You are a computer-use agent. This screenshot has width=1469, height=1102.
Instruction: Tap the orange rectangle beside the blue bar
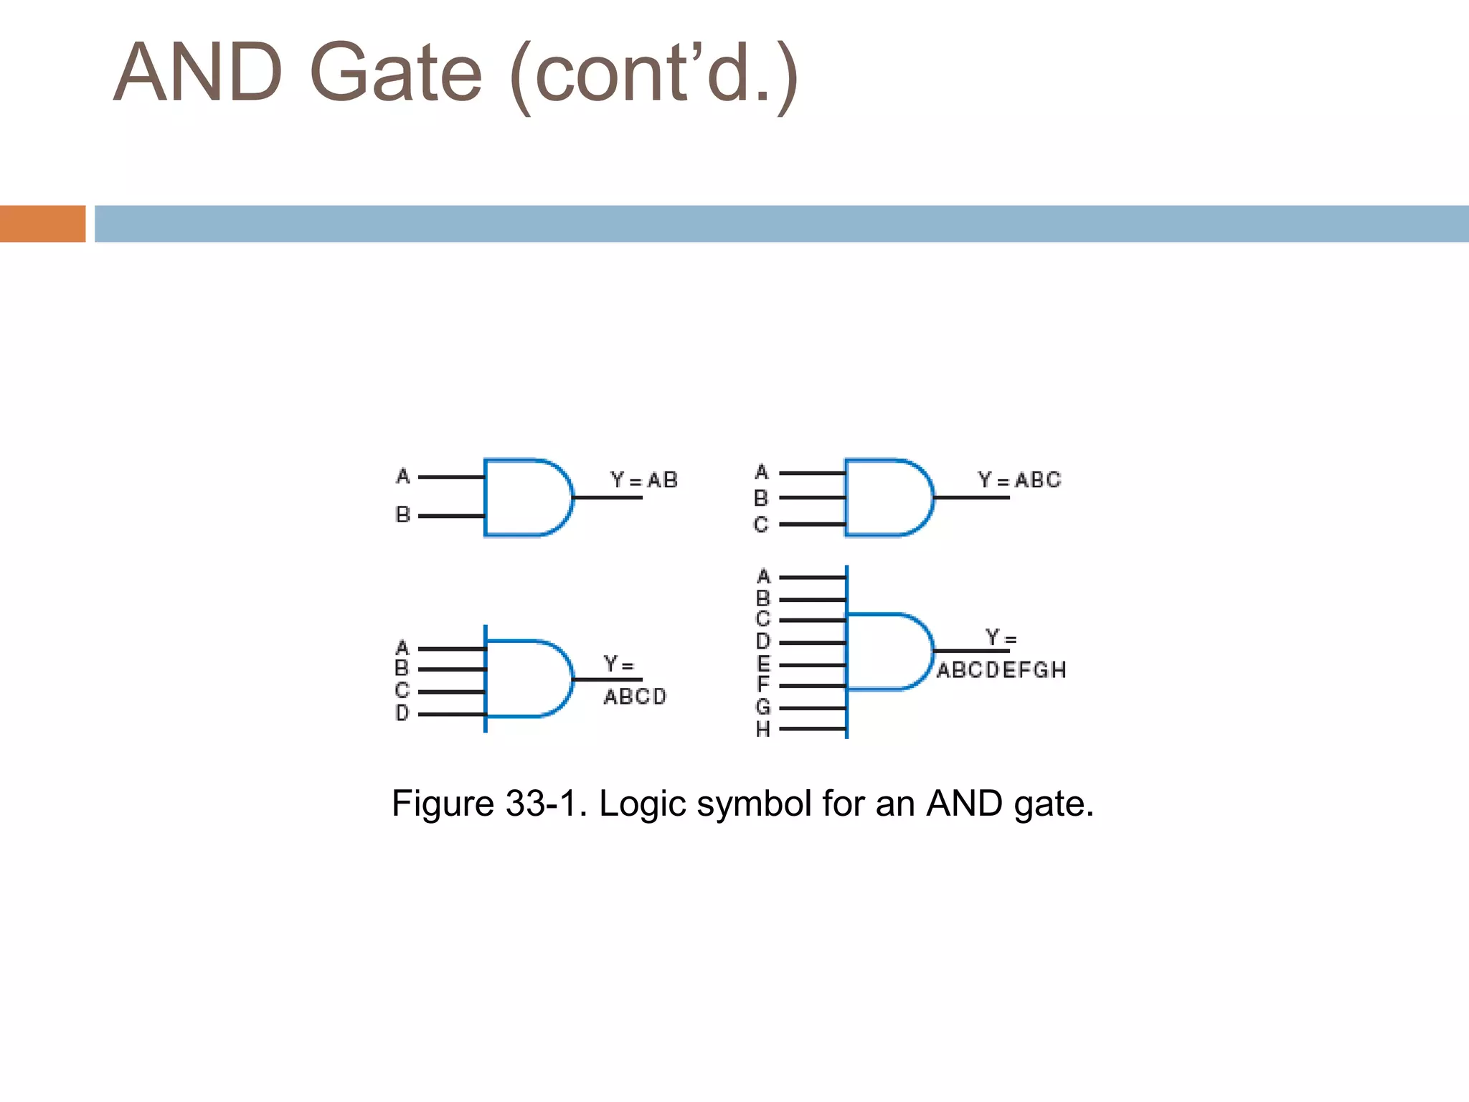[x=42, y=224]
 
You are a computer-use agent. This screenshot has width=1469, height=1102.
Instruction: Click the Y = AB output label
[x=643, y=480]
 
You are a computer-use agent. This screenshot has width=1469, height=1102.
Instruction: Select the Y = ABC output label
[x=1019, y=480]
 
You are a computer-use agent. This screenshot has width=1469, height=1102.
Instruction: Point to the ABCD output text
[x=635, y=697]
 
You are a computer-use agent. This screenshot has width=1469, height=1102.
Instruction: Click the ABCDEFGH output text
[x=1001, y=670]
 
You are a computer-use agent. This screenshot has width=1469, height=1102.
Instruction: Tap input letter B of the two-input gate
[x=403, y=514]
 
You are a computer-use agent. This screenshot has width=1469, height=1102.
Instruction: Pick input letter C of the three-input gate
[x=761, y=524]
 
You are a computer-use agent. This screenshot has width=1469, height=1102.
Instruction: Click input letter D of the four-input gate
[x=402, y=713]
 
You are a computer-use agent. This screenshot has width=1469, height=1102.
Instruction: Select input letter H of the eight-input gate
[x=763, y=730]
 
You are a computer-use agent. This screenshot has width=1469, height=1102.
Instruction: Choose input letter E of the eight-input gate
[x=763, y=664]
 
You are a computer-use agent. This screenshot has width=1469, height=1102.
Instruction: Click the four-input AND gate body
[x=527, y=679]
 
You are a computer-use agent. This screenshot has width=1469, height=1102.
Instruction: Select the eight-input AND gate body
[x=888, y=651]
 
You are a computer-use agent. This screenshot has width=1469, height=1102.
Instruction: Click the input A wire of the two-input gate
[x=451, y=476]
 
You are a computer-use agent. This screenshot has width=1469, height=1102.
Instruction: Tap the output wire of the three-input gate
[x=971, y=497]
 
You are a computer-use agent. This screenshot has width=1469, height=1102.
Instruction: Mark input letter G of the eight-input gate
[x=763, y=707]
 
